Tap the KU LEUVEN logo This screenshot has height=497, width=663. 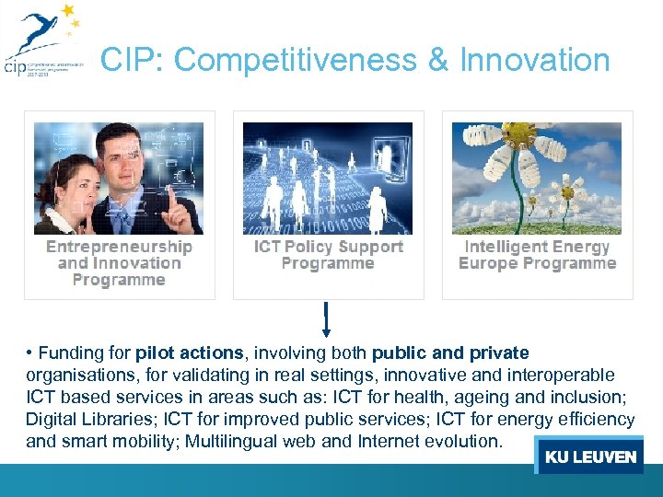(x=590, y=457)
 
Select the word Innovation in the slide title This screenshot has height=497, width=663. (x=534, y=61)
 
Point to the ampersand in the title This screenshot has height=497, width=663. (x=438, y=61)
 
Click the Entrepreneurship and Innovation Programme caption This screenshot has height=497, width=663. (x=120, y=263)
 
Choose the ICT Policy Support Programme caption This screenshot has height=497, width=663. (x=329, y=255)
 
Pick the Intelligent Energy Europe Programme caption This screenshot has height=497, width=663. (x=538, y=255)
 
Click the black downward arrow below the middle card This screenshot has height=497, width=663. (x=326, y=321)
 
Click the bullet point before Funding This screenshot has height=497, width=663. (x=30, y=353)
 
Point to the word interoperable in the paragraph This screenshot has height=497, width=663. (x=561, y=376)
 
